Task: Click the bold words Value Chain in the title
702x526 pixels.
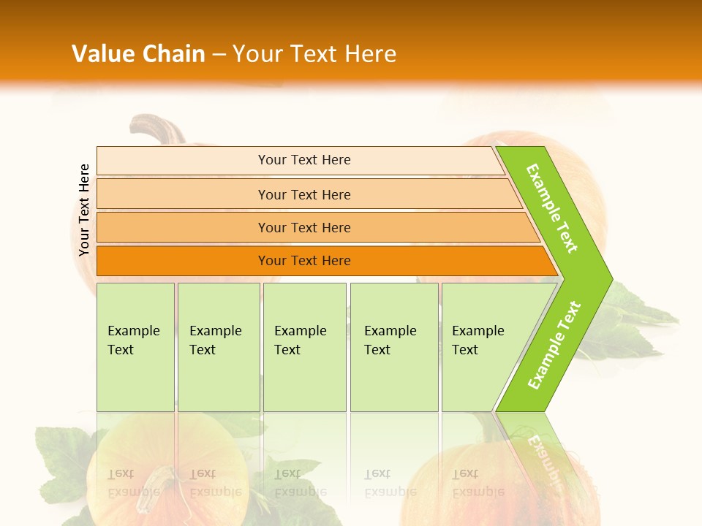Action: [x=138, y=54]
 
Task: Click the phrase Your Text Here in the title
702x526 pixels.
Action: [x=314, y=54]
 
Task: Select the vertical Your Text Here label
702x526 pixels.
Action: [x=84, y=210]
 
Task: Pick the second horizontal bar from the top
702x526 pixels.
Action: [x=304, y=194]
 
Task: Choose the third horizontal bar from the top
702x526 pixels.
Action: [x=304, y=227]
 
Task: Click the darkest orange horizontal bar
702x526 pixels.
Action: [x=304, y=261]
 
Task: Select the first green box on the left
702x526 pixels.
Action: [x=135, y=347]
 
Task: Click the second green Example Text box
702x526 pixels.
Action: [x=218, y=347]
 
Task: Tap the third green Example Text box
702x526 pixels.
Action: [x=304, y=347]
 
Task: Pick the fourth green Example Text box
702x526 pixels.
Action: [x=393, y=347]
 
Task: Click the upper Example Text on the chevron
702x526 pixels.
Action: [x=552, y=208]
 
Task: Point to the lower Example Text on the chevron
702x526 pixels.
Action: [x=554, y=345]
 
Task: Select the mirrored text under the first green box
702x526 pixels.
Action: [x=133, y=483]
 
